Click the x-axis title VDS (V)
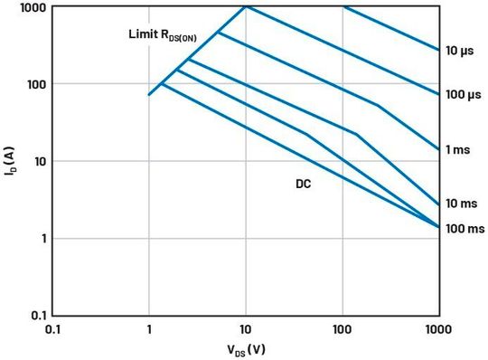point(245,348)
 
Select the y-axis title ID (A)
point(11,161)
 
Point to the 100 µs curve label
point(462,94)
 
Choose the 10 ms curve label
point(461,204)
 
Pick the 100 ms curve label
point(464,230)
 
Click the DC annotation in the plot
point(304,184)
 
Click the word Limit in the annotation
point(142,35)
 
